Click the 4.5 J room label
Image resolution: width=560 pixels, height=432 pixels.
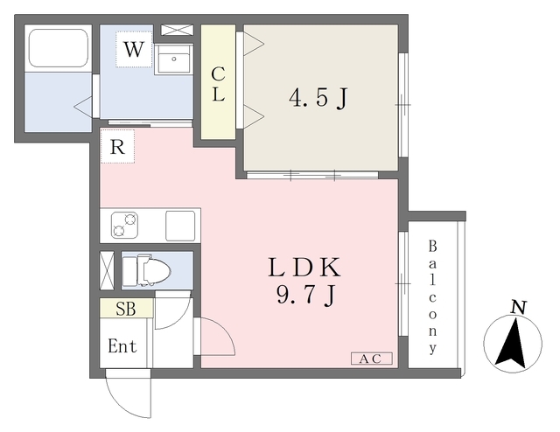[318, 98]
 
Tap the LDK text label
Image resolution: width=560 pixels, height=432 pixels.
[304, 268]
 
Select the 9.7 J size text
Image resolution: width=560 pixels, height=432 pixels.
[306, 296]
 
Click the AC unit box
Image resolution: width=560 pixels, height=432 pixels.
[371, 359]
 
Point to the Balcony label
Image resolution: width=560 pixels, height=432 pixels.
[432, 297]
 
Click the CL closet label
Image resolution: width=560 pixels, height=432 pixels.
[218, 85]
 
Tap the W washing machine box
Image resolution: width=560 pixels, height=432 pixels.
[134, 49]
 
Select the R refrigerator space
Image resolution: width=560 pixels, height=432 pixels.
[117, 146]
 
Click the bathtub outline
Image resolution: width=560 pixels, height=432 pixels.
[59, 48]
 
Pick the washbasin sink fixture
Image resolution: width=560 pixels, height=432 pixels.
[173, 59]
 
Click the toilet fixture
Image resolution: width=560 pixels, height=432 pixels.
[146, 270]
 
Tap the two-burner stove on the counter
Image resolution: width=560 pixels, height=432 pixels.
[124, 226]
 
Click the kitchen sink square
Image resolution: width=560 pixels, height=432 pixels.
[180, 226]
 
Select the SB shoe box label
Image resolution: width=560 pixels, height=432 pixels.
[126, 308]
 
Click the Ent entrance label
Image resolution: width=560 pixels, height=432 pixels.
[122, 346]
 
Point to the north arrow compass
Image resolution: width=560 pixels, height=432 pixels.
[513, 344]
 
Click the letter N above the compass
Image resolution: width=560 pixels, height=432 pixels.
[518, 308]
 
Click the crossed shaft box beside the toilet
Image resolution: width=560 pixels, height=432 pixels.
[107, 270]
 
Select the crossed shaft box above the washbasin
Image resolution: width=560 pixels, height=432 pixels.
[177, 30]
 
